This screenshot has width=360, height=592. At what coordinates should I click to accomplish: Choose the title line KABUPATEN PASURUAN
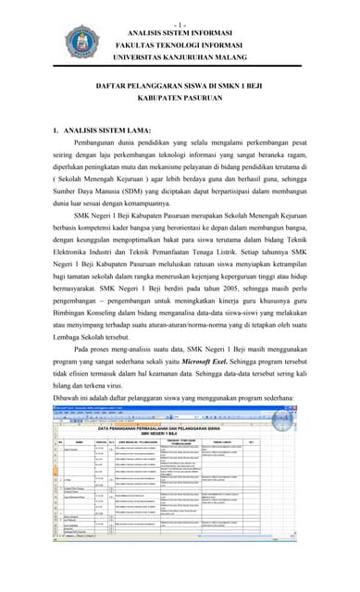(x=180, y=98)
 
